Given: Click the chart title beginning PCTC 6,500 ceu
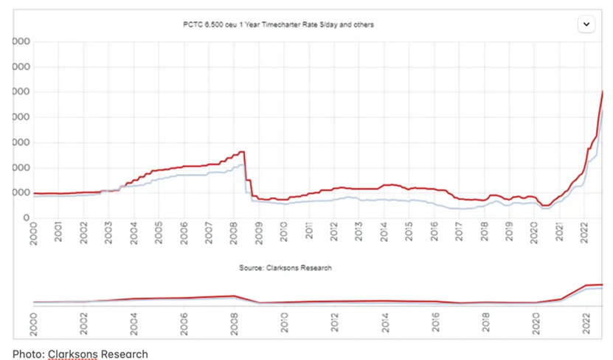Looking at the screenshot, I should point(278,24).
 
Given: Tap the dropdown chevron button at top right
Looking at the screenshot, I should point(586,24).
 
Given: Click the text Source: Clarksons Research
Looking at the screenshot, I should point(285,268).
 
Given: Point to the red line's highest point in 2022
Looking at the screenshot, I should point(603,91).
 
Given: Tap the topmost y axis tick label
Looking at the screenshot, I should point(21,41).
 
